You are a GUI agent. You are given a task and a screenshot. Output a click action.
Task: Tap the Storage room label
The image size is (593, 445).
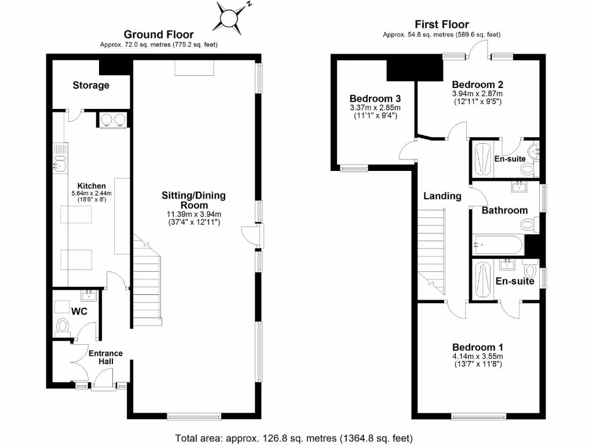tap(91, 85)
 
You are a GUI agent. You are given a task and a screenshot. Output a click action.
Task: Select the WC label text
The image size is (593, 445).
tap(79, 311)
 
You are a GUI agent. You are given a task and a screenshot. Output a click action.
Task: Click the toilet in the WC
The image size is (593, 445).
tap(63, 326)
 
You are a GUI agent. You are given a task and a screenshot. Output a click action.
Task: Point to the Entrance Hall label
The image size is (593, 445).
tap(105, 357)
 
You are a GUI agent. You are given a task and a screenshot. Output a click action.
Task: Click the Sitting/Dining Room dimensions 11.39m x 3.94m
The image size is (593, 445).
tap(193, 214)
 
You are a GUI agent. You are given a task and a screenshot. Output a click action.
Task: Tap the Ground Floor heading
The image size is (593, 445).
tap(159, 35)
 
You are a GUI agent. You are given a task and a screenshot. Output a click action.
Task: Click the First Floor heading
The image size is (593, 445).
tap(442, 24)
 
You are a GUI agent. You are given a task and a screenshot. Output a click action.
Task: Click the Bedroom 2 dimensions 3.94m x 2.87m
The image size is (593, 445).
tap(477, 93)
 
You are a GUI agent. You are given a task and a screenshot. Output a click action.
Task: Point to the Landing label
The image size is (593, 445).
tap(442, 196)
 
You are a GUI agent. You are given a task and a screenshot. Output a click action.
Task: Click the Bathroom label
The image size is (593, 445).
tap(504, 210)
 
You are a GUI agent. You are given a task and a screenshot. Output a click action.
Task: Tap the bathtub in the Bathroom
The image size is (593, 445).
tap(497, 245)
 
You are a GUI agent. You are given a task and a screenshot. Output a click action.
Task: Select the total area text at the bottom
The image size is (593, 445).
tap(294, 437)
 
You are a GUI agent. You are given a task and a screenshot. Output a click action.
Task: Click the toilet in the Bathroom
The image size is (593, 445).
tap(529, 225)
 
